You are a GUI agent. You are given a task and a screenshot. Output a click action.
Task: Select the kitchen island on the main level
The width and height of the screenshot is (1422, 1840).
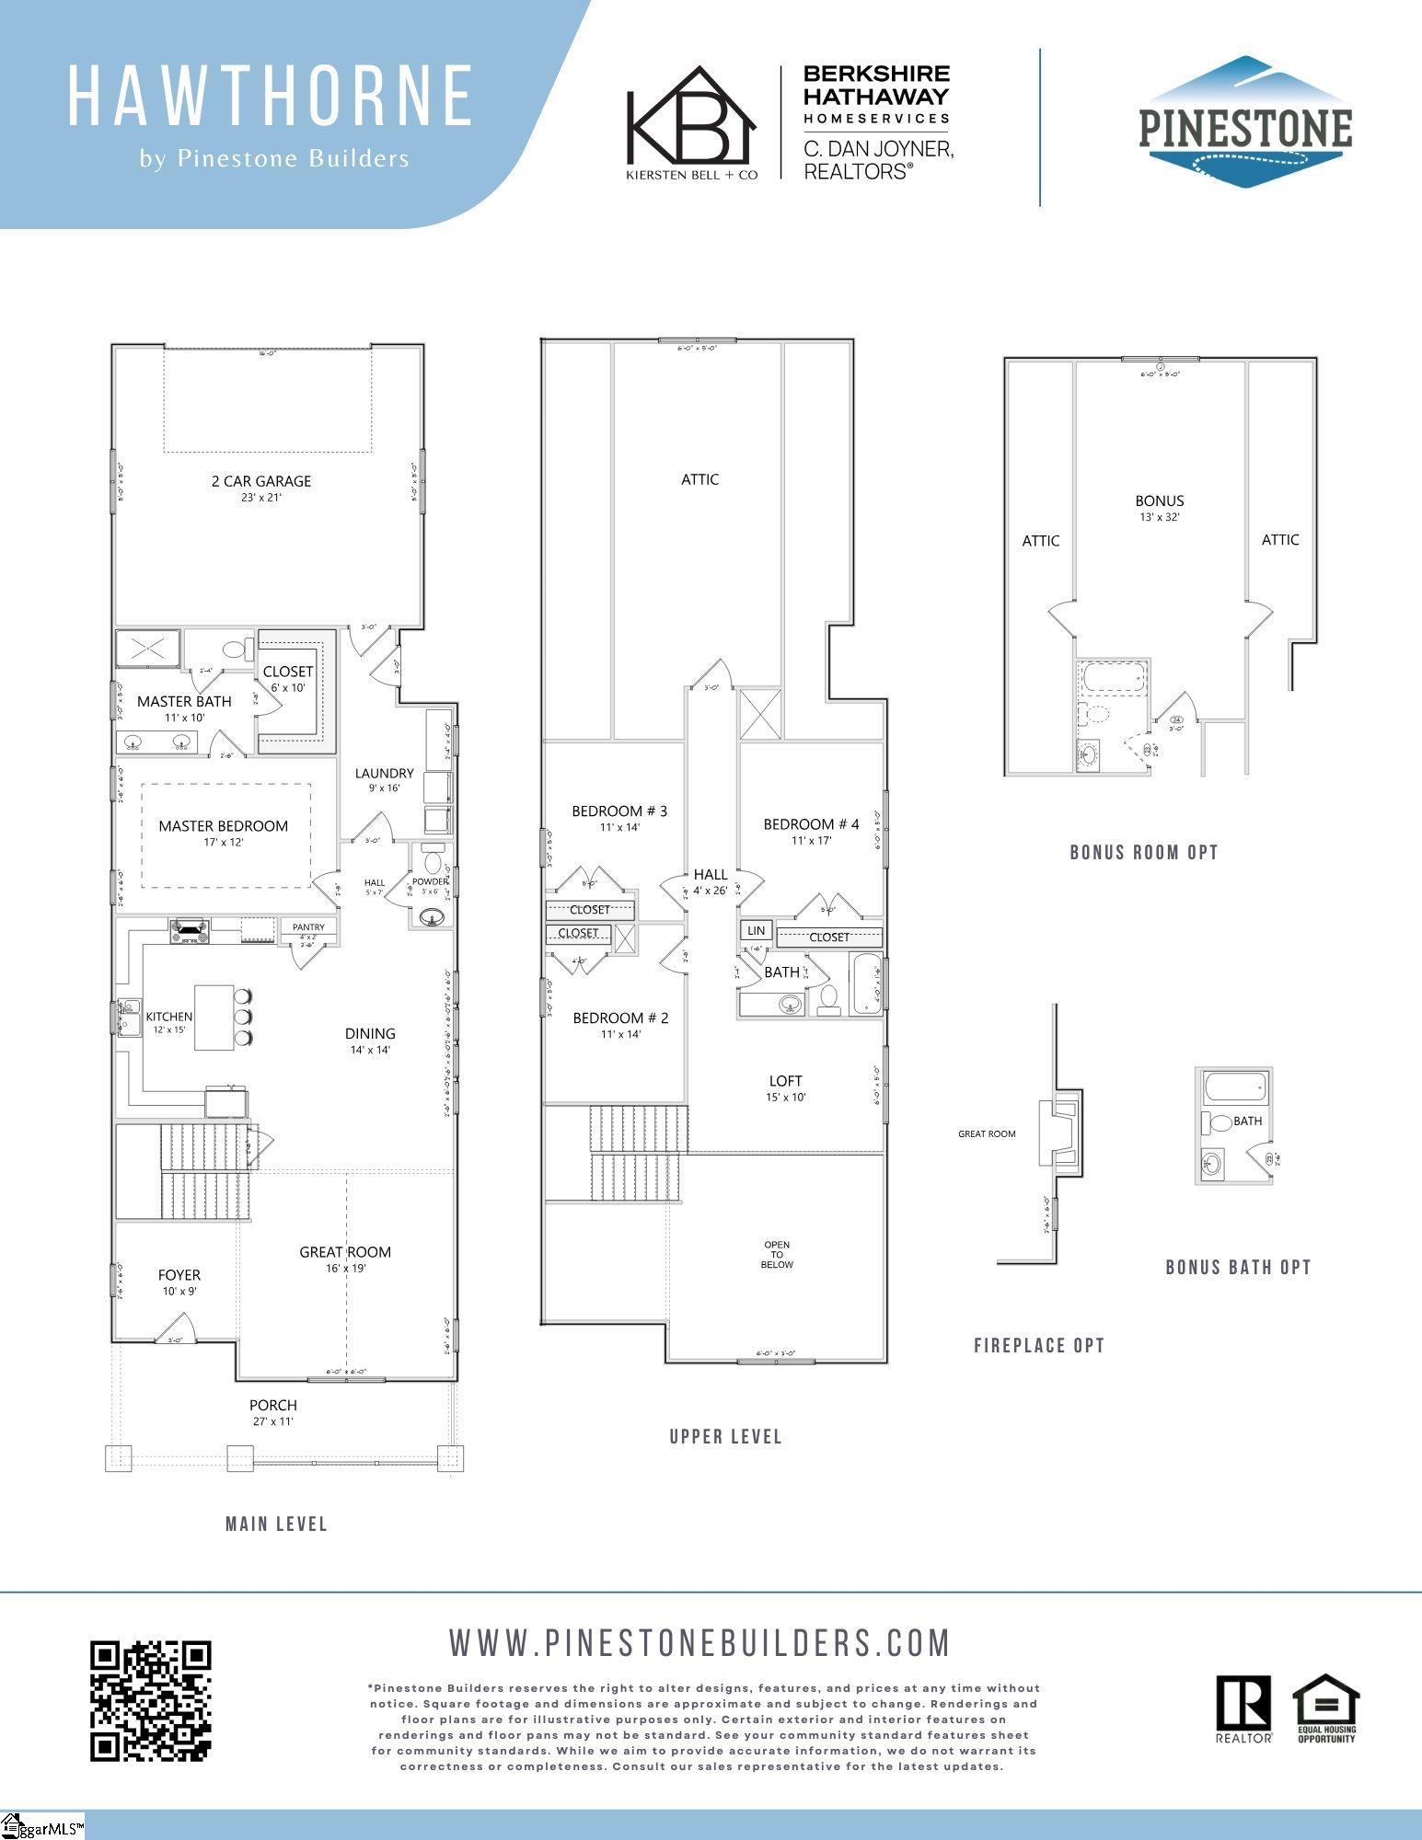coord(214,1018)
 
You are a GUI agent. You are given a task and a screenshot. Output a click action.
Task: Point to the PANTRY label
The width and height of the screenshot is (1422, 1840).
coord(308,927)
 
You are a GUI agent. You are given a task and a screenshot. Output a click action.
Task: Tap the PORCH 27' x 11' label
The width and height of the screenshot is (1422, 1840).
coord(273,1412)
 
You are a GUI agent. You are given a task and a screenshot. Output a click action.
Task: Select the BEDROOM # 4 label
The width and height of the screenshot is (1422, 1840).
coord(811,824)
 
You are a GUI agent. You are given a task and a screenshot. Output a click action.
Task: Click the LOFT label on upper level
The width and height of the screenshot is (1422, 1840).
coord(785,1081)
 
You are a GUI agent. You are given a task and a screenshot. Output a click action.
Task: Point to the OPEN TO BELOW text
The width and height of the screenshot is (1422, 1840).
coord(777,1255)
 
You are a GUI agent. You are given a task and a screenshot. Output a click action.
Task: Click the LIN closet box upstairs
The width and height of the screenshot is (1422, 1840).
coord(756,931)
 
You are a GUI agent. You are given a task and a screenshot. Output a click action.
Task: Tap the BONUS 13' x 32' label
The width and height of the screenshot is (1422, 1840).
coord(1159,508)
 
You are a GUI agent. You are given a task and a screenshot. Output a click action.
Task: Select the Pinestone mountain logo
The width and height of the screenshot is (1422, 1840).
coord(1246,123)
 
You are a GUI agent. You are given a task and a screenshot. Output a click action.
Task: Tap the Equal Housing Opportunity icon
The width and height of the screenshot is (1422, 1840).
coord(1326,1708)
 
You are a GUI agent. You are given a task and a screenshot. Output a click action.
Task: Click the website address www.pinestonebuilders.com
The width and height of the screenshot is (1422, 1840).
coord(699,1643)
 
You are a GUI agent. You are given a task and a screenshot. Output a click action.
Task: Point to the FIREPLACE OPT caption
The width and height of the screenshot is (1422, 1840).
coord(1039,1346)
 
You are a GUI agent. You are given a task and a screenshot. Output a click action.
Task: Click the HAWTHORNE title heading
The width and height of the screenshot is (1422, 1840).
coord(271,96)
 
